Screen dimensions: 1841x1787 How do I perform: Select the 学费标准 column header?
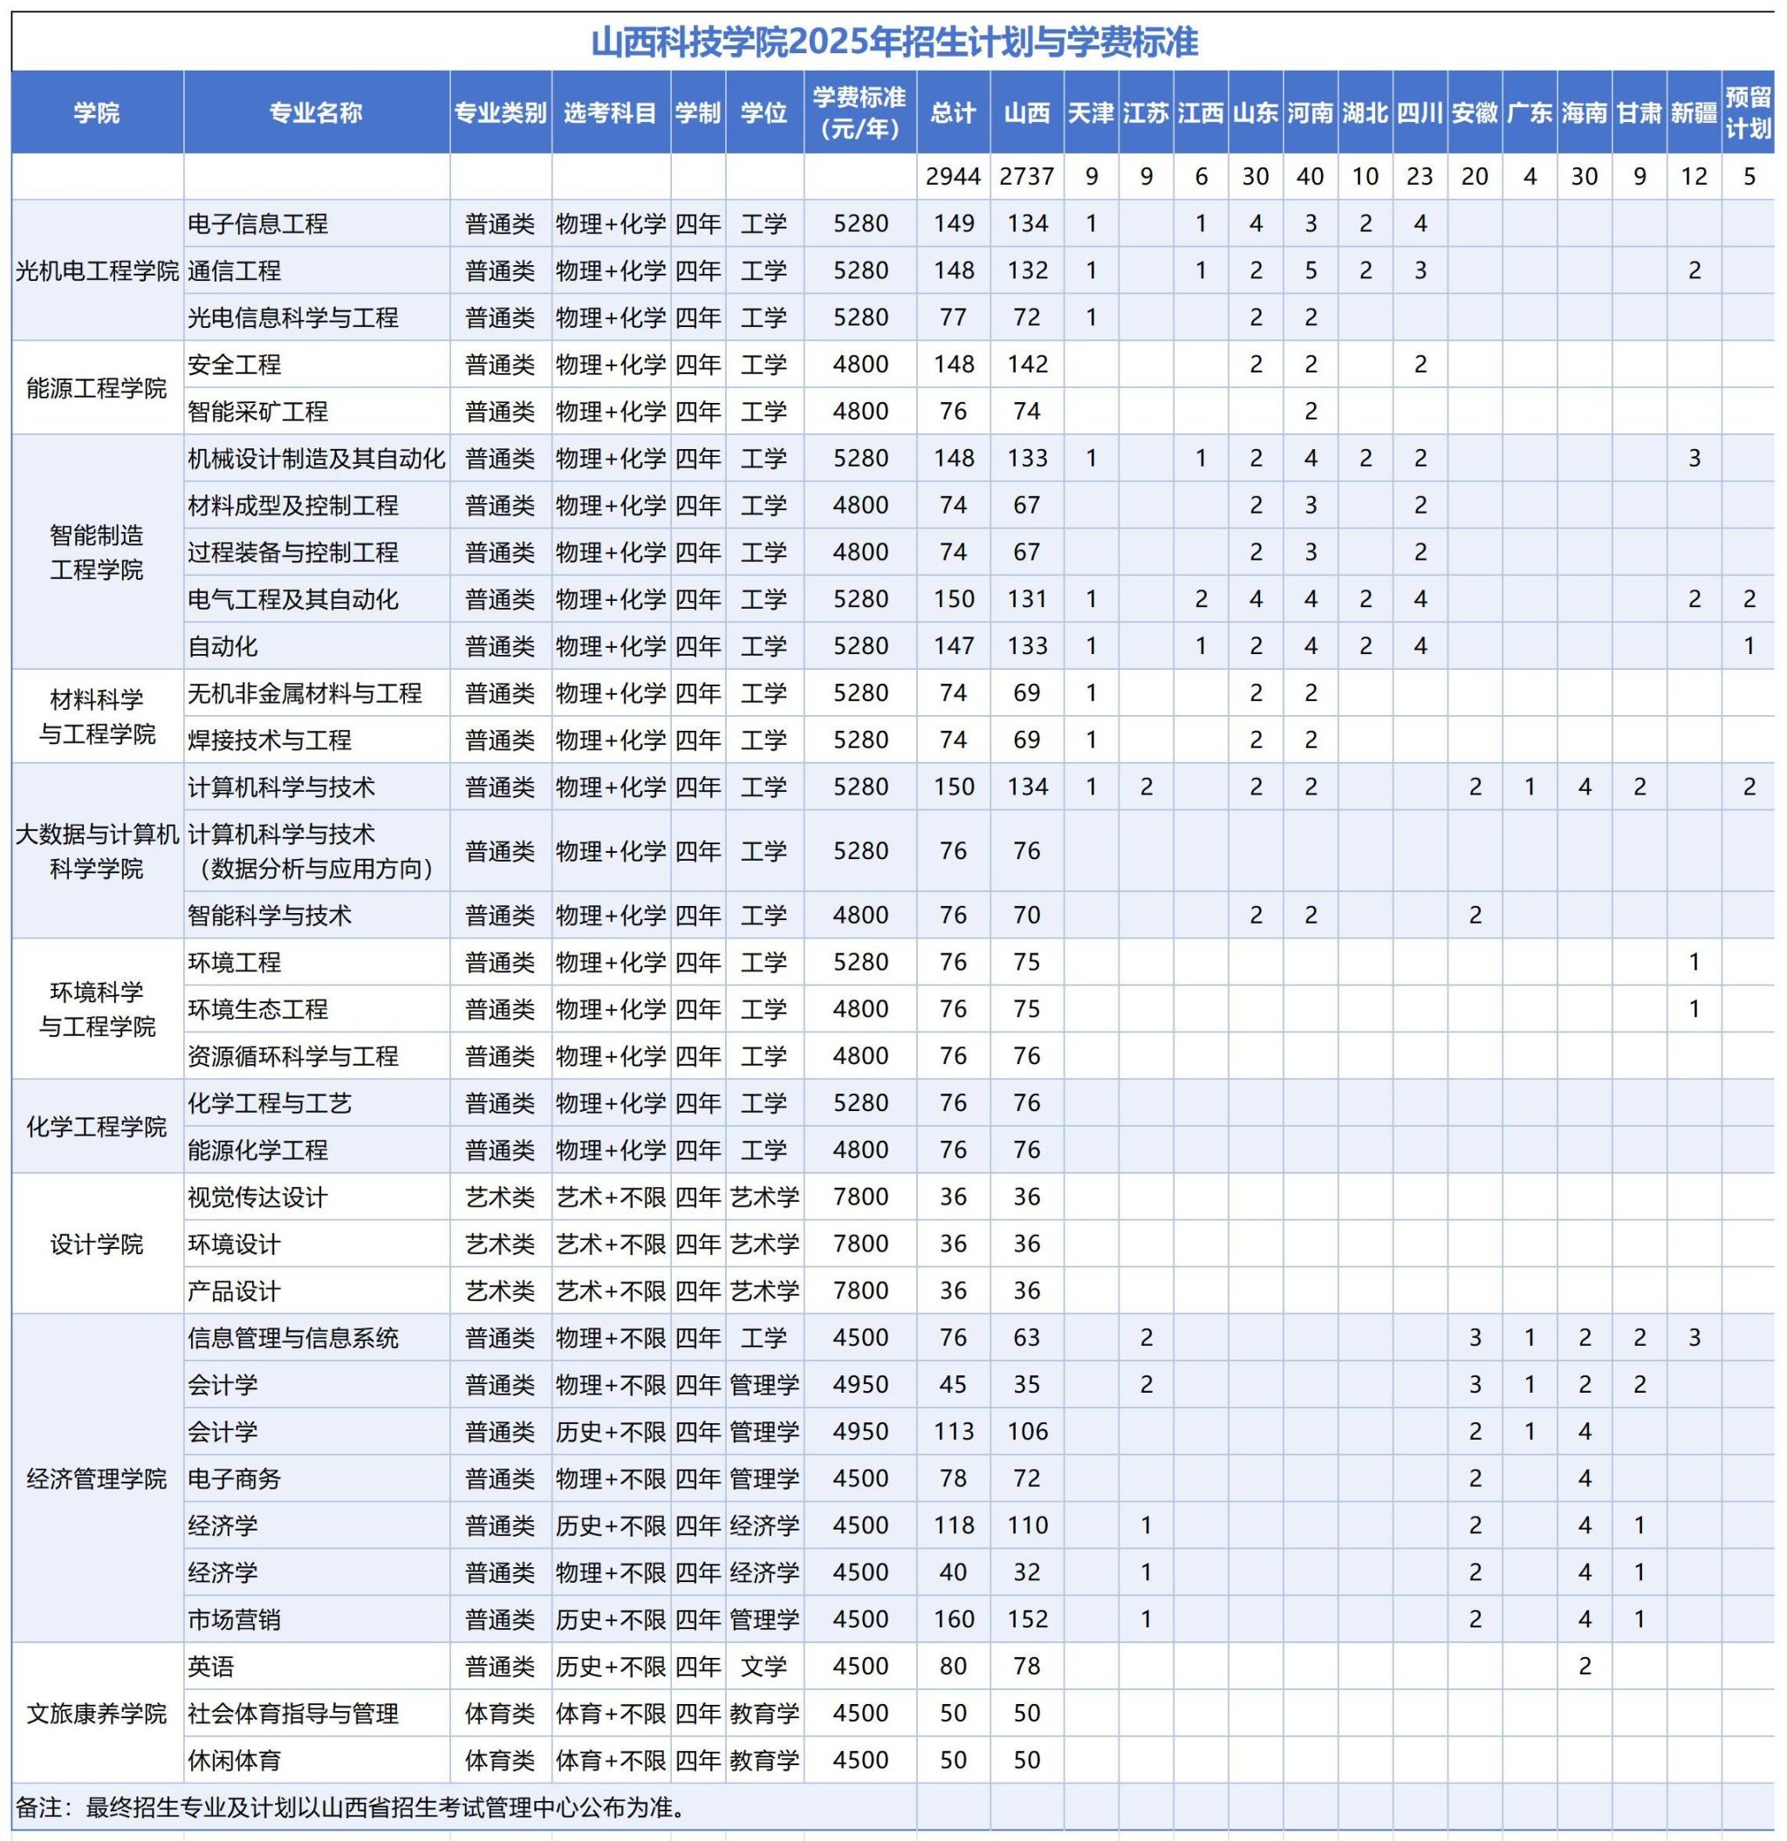(859, 113)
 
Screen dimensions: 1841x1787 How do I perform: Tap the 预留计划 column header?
(1748, 113)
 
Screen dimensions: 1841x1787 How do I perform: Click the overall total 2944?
(953, 176)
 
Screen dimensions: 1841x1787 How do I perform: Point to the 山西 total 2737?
(1026, 176)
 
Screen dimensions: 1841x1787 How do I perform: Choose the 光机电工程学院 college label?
(97, 271)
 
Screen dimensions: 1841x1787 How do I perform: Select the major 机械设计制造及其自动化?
(316, 459)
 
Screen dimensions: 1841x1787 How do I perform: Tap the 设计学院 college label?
(97, 1244)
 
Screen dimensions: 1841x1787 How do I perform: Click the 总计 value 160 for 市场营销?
(953, 1619)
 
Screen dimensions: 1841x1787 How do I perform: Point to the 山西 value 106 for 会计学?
(1026, 1431)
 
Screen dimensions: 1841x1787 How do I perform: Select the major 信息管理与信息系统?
(293, 1338)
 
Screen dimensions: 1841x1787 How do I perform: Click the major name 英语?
(210, 1667)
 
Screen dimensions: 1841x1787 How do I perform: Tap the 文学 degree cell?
(763, 1667)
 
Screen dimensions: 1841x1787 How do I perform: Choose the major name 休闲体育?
(234, 1760)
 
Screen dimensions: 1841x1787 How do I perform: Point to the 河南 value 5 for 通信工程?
(1310, 271)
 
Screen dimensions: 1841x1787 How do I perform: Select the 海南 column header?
(1584, 113)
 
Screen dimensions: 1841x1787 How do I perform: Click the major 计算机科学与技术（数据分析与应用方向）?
(310, 851)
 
